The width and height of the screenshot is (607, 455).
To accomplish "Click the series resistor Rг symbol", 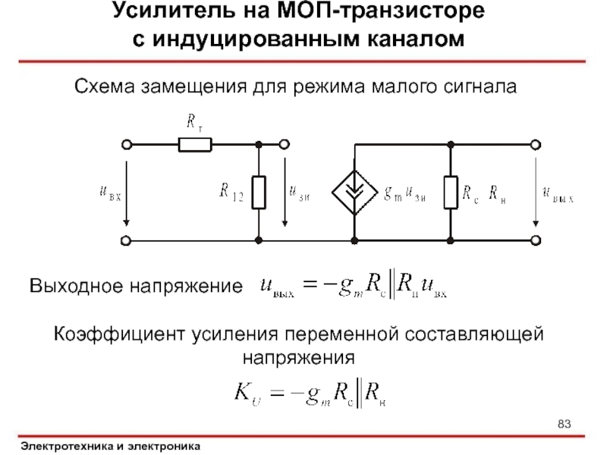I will (x=195, y=144).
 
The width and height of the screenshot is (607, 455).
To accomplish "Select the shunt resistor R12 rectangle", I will (x=259, y=192).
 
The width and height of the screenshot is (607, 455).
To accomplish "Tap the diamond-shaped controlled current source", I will (x=354, y=192).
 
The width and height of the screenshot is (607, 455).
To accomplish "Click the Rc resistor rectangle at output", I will (x=451, y=192).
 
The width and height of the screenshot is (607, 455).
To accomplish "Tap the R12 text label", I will (x=231, y=193).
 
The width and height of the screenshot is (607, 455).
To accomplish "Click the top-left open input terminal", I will (x=127, y=144).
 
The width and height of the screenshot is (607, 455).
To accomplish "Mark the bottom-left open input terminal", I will (x=127, y=240).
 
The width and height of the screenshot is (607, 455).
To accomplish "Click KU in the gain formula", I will (x=247, y=393).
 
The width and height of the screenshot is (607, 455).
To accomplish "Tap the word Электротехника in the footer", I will (x=65, y=447).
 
